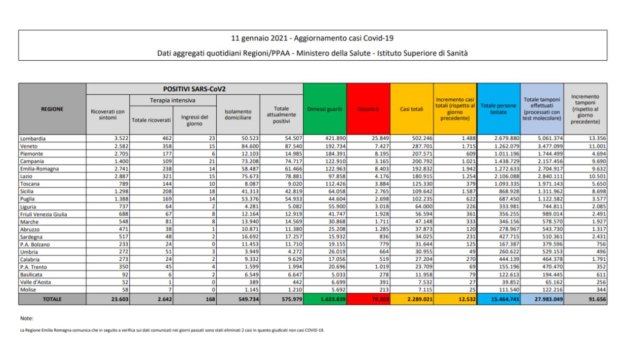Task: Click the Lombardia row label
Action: (x=33, y=138)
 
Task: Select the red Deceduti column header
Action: (x=368, y=109)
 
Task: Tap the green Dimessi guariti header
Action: (x=325, y=109)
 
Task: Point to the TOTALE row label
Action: (x=52, y=299)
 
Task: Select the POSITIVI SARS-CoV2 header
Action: (x=195, y=89)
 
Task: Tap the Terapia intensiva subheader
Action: (x=172, y=100)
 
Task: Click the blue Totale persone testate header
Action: (x=499, y=109)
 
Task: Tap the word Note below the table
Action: (x=27, y=319)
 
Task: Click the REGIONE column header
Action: (x=52, y=109)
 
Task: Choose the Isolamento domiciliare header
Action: (x=238, y=115)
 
